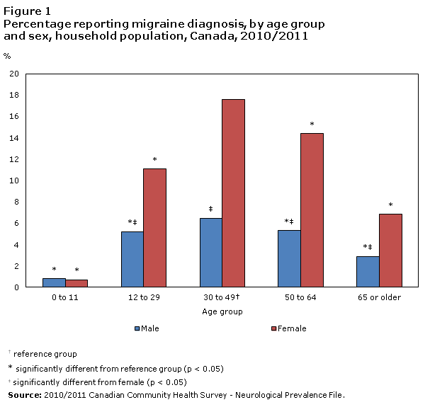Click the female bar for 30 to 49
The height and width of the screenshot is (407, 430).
(x=233, y=193)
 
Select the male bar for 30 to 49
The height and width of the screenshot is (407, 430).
(x=210, y=253)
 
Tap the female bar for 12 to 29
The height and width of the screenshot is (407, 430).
(x=154, y=228)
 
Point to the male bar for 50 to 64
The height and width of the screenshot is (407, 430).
(x=289, y=258)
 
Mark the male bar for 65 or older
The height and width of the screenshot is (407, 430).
(x=368, y=272)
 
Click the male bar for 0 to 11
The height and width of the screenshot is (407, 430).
(x=54, y=282)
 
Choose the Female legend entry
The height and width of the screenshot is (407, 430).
(x=289, y=328)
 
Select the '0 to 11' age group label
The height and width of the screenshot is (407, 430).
(x=64, y=297)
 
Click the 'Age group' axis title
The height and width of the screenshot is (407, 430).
(x=222, y=311)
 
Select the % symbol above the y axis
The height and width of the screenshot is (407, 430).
(x=7, y=56)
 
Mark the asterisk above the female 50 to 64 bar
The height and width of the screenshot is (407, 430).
(x=312, y=125)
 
